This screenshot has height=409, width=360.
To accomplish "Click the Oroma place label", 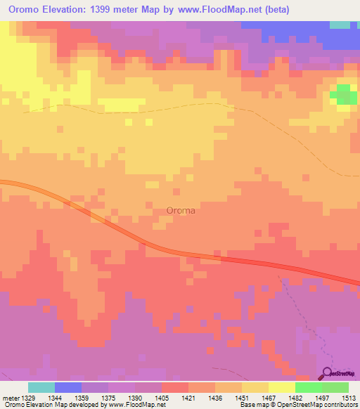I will (181, 209).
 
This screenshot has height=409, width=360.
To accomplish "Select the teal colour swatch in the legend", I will (41, 387).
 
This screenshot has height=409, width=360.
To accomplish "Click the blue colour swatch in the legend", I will (68, 387).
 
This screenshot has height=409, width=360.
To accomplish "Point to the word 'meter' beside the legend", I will (11, 398).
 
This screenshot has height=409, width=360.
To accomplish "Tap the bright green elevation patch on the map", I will (343, 94).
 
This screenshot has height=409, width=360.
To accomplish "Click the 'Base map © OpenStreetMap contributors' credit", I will (298, 405).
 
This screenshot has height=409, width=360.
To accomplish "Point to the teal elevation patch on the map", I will (340, 25).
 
